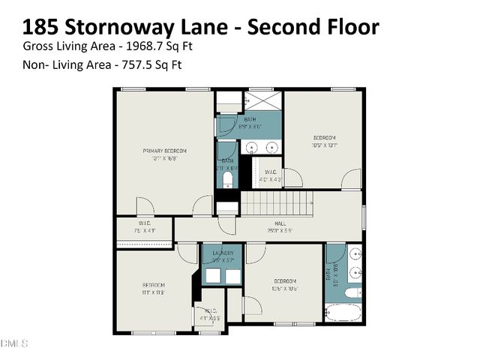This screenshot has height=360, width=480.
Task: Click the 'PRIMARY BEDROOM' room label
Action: [164, 151]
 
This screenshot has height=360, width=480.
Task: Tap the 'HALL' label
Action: [280, 223]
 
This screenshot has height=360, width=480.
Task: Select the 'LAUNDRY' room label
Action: [223, 253]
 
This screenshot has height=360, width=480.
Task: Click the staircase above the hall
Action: [275, 203]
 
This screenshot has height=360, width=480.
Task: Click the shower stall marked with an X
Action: [262, 101]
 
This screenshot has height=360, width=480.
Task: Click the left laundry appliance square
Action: [212, 276]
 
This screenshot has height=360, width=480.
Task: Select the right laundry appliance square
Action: [233, 276]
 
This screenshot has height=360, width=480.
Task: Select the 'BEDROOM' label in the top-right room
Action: [324, 138]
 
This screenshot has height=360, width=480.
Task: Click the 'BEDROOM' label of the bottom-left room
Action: [153, 285]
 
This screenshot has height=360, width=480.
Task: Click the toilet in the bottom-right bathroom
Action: [353, 291]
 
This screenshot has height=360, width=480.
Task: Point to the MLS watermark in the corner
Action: [13, 343]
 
